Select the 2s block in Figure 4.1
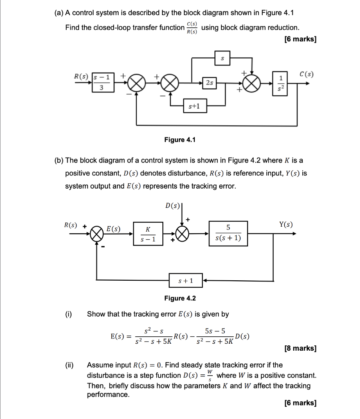[x=209, y=83]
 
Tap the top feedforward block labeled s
[x=223, y=59]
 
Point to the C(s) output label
[x=306, y=75]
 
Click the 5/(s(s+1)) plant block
[x=228, y=233]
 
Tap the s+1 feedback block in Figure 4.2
[x=186, y=281]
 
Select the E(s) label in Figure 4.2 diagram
[x=113, y=229]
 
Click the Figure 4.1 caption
[x=180, y=140]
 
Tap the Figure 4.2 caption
[x=180, y=298]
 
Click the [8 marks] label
[x=300, y=348]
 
